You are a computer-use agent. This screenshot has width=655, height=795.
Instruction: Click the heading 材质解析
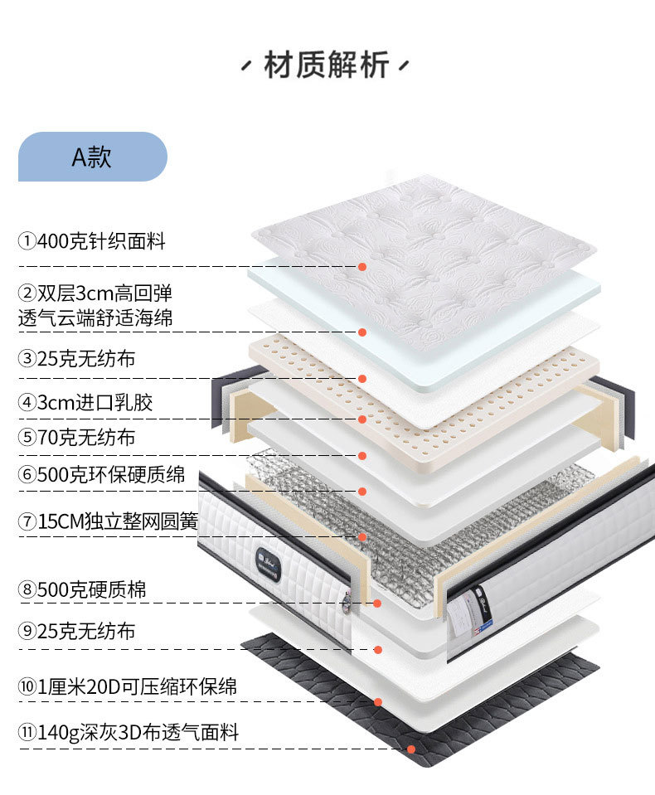(x=327, y=65)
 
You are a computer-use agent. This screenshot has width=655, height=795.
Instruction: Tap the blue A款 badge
(x=92, y=157)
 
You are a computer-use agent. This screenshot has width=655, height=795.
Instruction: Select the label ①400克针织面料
(x=92, y=242)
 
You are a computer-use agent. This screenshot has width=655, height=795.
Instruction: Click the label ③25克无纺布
(x=76, y=359)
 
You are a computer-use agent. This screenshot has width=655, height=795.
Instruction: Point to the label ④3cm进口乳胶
(x=85, y=403)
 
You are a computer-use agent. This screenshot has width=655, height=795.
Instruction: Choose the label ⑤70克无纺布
(x=76, y=437)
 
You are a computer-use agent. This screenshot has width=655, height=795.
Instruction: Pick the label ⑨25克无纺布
(x=76, y=632)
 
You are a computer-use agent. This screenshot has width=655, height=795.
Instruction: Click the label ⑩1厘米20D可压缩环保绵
(x=128, y=687)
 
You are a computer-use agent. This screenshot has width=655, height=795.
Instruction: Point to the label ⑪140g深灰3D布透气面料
(x=129, y=733)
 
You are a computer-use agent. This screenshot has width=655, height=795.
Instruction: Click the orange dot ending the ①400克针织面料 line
(x=362, y=266)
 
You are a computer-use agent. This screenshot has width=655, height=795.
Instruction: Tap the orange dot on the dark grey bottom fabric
(x=411, y=749)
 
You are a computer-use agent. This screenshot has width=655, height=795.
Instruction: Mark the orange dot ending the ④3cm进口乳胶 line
(x=362, y=419)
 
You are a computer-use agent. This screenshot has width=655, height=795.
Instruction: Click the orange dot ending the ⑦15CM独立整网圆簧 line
(x=362, y=536)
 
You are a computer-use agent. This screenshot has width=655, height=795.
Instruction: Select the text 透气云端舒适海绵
(x=95, y=318)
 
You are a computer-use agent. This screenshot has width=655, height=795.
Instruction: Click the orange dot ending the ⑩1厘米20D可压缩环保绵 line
(x=378, y=702)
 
